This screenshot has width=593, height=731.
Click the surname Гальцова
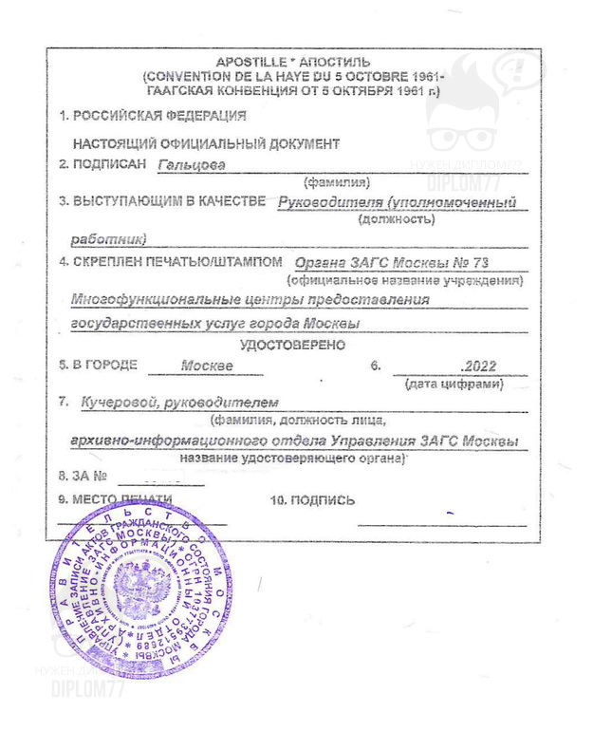[x=189, y=163]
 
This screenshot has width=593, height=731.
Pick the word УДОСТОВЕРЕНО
[x=292, y=344]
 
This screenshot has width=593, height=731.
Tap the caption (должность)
[x=397, y=220]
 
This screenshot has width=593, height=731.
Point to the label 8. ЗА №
[x=83, y=475]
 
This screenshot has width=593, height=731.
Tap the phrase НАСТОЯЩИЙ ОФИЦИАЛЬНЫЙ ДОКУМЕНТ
[x=206, y=144]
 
